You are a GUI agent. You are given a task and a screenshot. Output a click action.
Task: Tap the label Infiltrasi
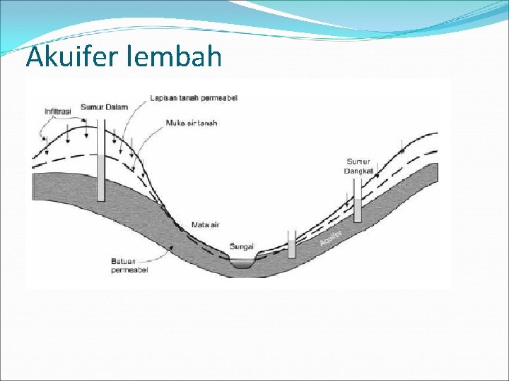[58, 111]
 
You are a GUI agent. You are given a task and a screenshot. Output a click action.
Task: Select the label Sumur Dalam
[104, 107]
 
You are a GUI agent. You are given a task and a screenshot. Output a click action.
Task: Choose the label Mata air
[206, 224]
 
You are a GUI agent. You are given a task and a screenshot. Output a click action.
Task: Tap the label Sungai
[242, 246]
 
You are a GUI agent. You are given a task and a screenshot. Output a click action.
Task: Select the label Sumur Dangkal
[358, 166]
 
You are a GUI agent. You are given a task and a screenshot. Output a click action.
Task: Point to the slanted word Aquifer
[331, 237]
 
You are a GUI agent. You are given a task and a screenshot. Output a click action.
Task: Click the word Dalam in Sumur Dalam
[117, 107]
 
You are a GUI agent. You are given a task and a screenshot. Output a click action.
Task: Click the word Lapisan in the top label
[163, 98]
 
